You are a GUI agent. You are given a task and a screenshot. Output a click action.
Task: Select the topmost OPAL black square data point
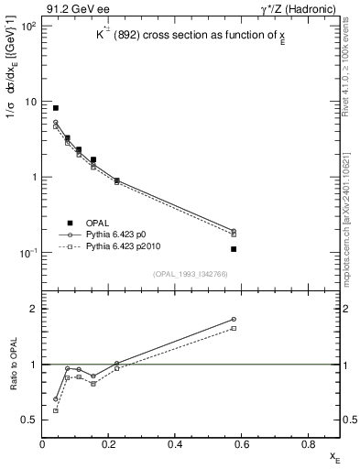coord(56,108)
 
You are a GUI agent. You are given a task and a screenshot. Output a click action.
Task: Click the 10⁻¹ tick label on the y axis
coord(26,253)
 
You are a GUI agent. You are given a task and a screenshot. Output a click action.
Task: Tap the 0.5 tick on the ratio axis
coord(30,420)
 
